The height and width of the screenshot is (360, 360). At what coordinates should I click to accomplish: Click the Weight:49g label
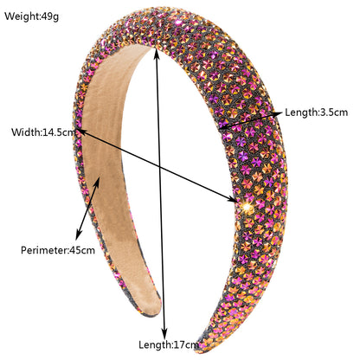point(31,16)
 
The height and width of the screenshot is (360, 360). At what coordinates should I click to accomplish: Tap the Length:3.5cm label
point(317,112)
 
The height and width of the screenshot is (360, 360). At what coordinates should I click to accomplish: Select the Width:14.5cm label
point(43,132)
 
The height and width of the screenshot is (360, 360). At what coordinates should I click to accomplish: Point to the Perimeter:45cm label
point(58,250)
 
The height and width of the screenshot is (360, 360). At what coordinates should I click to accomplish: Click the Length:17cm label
point(169,344)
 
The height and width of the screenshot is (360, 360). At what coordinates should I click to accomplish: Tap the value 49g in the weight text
point(49,16)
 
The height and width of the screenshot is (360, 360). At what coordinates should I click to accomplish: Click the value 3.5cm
point(333,112)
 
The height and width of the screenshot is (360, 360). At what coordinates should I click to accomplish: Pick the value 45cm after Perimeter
point(82,250)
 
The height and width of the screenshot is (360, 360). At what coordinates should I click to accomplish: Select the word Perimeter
point(44,250)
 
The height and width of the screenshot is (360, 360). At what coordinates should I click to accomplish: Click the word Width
point(25,132)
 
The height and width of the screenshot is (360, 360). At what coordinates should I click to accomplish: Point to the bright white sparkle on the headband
point(247,207)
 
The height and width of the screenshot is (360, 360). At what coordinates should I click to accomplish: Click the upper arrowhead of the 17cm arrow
point(157,53)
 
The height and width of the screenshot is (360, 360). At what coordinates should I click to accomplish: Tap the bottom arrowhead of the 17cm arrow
point(164,334)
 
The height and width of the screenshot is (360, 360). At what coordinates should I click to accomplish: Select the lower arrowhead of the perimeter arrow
point(78,235)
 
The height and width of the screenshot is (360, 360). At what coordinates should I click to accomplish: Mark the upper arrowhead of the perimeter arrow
point(97,183)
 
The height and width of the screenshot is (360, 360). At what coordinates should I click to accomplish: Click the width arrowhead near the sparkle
point(233,199)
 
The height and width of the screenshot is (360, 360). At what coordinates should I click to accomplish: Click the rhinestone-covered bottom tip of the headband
point(202,345)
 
